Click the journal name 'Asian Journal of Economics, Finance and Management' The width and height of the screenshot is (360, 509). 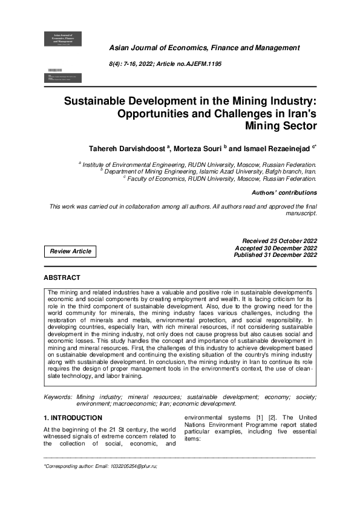pyautogui.click(x=205, y=48)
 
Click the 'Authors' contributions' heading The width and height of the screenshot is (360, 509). pyautogui.click(x=284, y=193)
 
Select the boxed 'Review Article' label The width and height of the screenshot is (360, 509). pyautogui.click(x=71, y=251)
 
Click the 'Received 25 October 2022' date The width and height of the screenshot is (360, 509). pyautogui.click(x=280, y=241)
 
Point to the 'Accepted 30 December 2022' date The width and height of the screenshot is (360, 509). pyautogui.click(x=276, y=248)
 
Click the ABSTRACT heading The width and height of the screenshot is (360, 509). pyautogui.click(x=62, y=277)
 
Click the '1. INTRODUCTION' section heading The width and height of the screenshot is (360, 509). pyautogui.click(x=73, y=418)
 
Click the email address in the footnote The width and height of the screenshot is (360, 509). pyautogui.click(x=123, y=467)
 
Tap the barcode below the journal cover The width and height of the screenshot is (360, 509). pyautogui.click(x=54, y=71)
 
